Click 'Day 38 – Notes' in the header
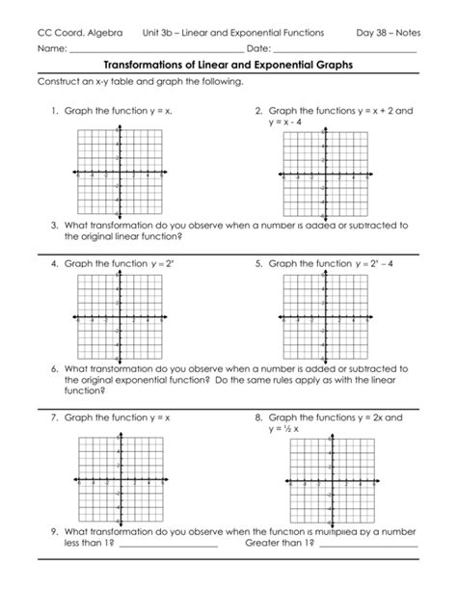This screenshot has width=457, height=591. pyautogui.click(x=388, y=33)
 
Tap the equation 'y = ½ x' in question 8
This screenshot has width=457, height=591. pyautogui.click(x=288, y=429)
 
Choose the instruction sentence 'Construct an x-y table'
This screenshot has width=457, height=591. pyautogui.click(x=140, y=83)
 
